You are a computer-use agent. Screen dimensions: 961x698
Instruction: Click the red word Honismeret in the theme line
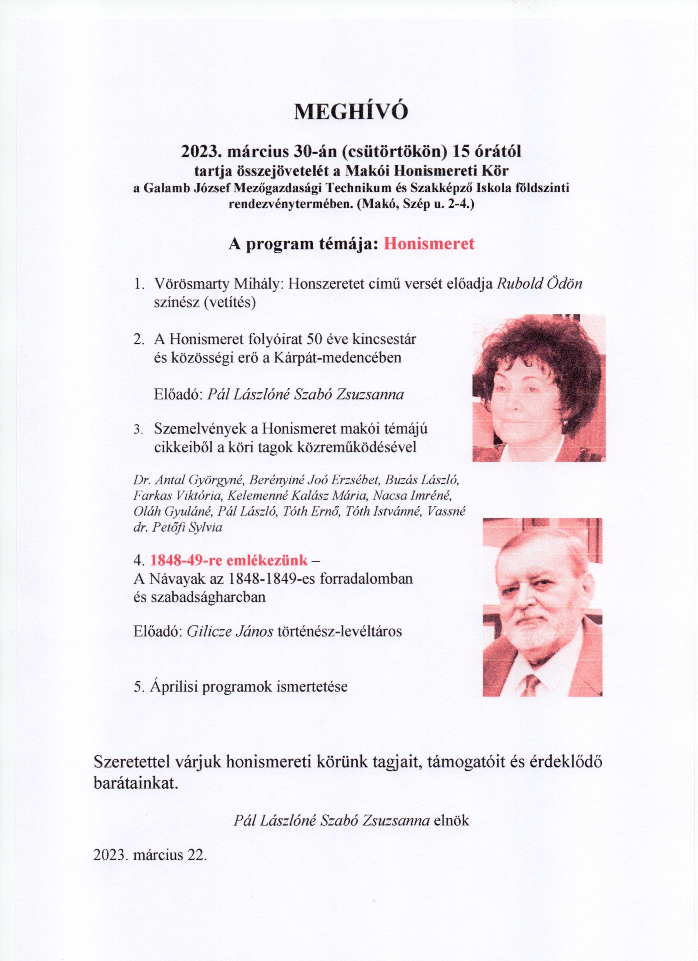pos(429,244)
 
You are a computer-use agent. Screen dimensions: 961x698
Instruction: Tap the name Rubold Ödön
pos(539,283)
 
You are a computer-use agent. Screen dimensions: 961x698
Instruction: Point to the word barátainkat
pos(135,784)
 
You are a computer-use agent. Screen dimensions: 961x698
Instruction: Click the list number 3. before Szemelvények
pos(137,430)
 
